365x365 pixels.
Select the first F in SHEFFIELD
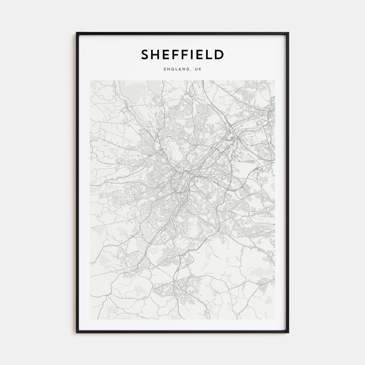176,54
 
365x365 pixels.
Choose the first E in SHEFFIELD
167,54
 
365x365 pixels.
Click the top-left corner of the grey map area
90,81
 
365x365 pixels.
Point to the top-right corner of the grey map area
275,81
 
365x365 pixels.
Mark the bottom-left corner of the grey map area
90,319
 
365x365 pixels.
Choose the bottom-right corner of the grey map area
275,319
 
